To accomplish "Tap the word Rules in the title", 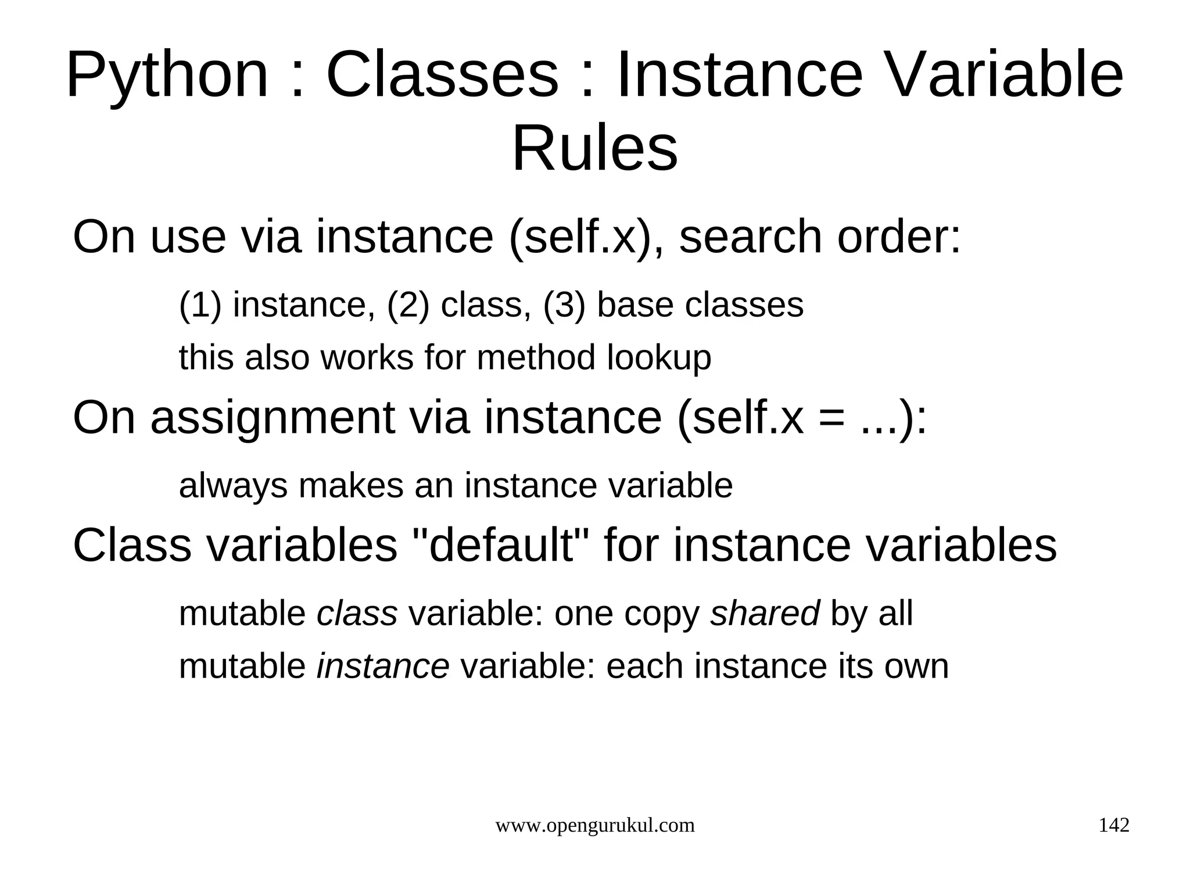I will click(594, 149).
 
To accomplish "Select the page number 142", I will click(1113, 825).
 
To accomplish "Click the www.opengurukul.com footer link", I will click(594, 826).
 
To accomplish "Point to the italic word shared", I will click(764, 614).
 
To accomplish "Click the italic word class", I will click(357, 614).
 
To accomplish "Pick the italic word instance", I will click(382, 666).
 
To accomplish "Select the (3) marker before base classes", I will click(564, 305).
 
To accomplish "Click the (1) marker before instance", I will click(200, 305).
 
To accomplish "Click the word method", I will click(536, 357).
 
